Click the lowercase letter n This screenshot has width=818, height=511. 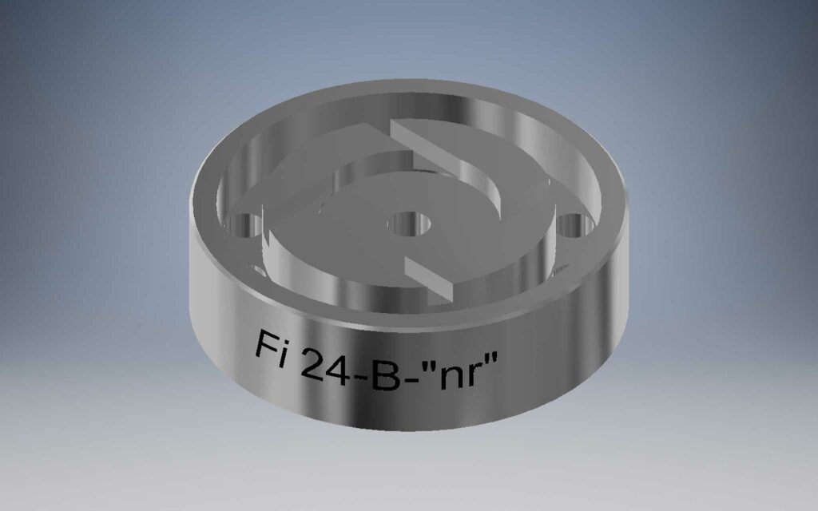pyautogui.click(x=444, y=381)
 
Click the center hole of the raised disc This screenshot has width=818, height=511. pyautogui.click(x=408, y=222)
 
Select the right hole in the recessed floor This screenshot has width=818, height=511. pyautogui.click(x=572, y=225)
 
